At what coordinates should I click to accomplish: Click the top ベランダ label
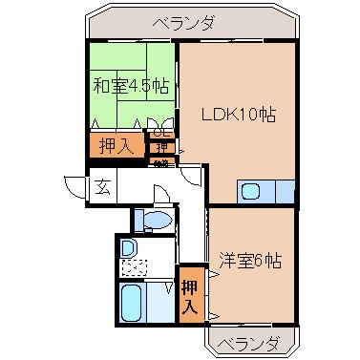181,22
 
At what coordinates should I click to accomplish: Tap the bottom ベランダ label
247,342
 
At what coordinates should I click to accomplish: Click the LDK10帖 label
238,115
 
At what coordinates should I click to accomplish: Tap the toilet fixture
151,221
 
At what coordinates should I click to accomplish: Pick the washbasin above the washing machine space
129,247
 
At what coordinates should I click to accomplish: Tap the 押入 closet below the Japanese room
114,146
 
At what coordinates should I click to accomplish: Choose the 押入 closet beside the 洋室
192,294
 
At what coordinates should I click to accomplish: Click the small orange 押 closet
162,148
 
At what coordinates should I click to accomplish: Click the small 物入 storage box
161,162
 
